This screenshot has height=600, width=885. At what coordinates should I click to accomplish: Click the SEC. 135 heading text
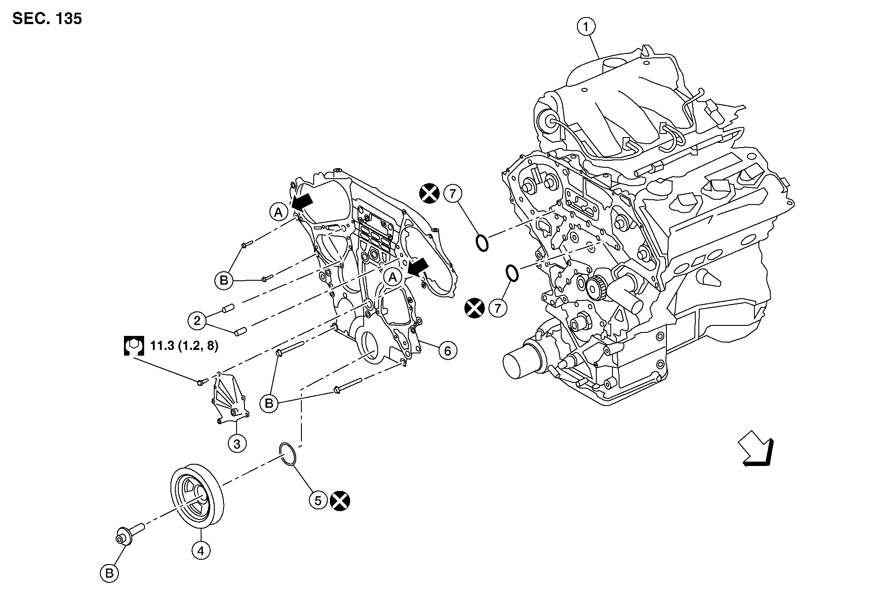[47, 19]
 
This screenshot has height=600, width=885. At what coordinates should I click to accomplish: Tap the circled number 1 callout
[586, 27]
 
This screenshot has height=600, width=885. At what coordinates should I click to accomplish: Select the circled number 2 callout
[197, 321]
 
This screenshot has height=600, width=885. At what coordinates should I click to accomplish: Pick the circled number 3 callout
[237, 444]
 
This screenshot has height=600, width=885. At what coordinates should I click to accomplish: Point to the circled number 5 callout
[318, 500]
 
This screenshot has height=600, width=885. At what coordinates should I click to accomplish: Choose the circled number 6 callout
[447, 350]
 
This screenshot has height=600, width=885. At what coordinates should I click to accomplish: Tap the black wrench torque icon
[134, 346]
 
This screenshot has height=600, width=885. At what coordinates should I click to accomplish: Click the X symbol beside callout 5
[340, 501]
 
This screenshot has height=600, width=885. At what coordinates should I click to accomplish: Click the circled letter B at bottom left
[109, 573]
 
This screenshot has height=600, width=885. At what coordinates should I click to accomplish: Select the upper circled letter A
[278, 212]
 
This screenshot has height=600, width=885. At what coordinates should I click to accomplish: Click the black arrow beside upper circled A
[303, 201]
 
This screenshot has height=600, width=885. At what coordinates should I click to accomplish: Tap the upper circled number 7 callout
[453, 193]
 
